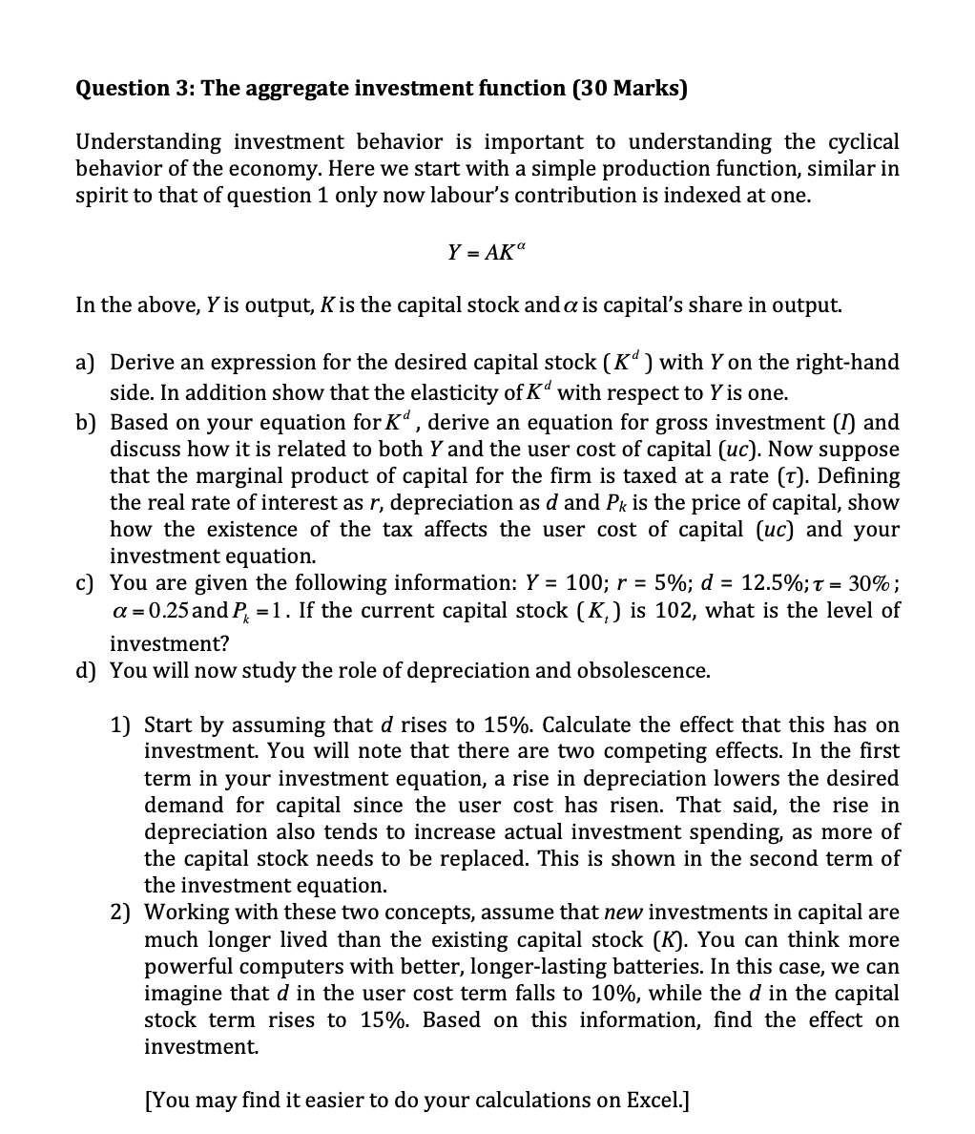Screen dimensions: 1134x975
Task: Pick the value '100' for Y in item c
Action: [582, 583]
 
